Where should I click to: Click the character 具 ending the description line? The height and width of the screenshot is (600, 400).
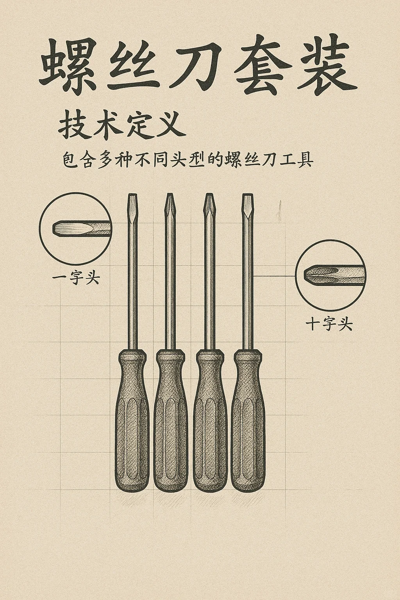tap(303, 161)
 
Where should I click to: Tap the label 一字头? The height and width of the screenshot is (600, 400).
tap(76, 279)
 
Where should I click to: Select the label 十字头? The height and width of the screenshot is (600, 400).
tap(329, 325)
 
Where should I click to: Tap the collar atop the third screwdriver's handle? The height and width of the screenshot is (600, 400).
tap(209, 356)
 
